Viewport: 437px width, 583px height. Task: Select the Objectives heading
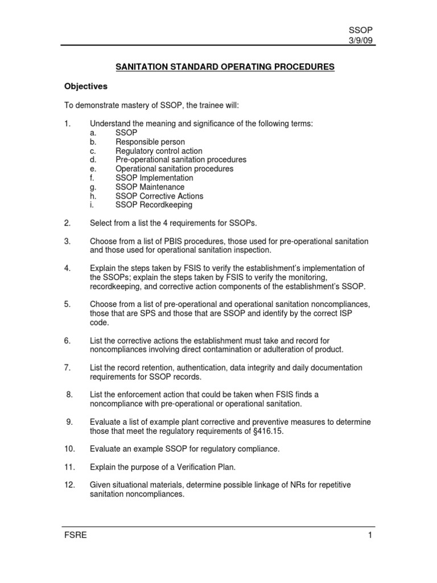[x=85, y=87]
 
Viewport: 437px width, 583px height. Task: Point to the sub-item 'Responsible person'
[x=150, y=142]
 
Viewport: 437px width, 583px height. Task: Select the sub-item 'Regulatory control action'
[x=159, y=151]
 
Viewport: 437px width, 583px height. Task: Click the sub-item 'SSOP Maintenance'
[x=150, y=187]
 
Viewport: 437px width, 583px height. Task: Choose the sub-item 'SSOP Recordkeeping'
[x=154, y=205]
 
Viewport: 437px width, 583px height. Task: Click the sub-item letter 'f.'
[x=92, y=178]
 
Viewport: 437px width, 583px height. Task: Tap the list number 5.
[x=67, y=304]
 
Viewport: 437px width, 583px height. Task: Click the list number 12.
[x=69, y=485]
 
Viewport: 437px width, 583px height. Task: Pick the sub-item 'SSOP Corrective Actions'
[x=159, y=196]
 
